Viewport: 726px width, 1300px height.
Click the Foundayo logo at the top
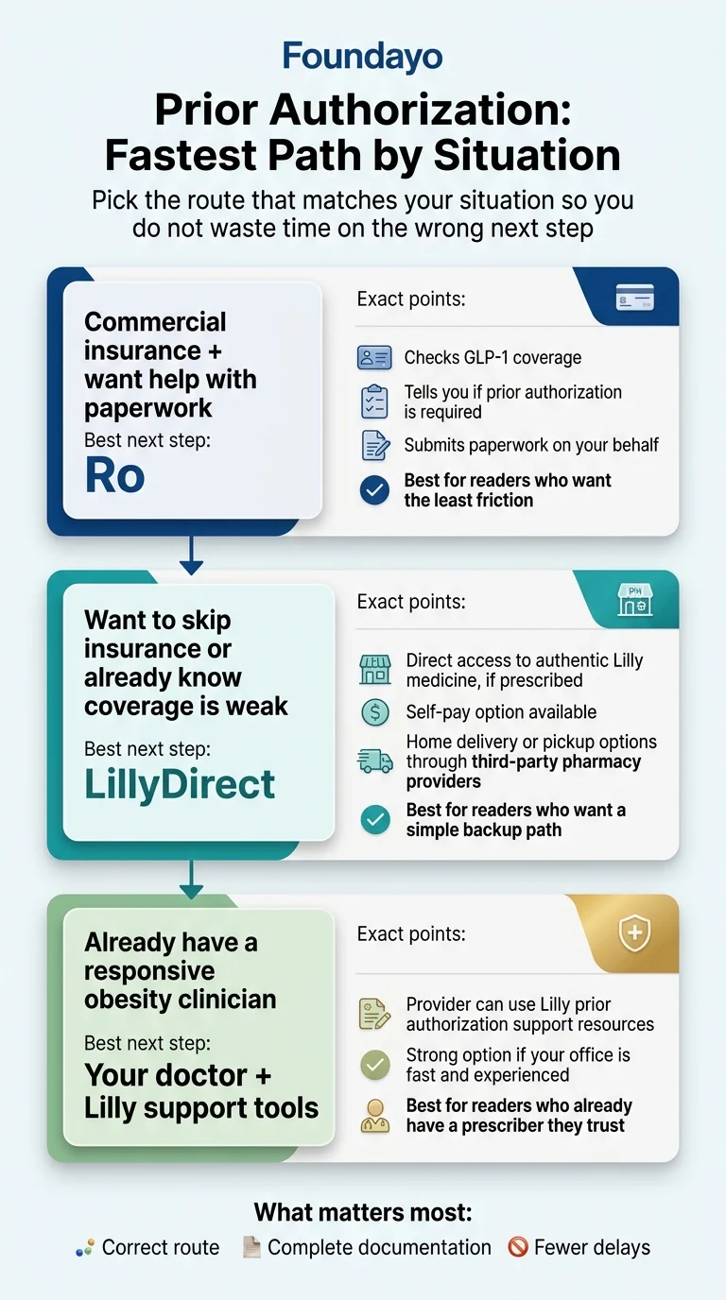click(363, 58)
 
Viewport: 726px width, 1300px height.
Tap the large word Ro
click(114, 475)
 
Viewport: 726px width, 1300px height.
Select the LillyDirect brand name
click(180, 784)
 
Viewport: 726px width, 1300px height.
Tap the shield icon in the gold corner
click(632, 934)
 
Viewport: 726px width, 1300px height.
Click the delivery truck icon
click(375, 761)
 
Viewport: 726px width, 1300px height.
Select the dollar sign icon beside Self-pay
click(375, 712)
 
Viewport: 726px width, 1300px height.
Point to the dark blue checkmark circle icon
click(375, 490)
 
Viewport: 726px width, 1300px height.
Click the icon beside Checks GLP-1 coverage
click(375, 358)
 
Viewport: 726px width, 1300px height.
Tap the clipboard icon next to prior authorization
click(375, 402)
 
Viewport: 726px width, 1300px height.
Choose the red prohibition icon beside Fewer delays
click(517, 1247)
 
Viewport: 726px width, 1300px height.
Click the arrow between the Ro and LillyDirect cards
click(191, 556)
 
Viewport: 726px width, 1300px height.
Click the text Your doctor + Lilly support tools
click(201, 1091)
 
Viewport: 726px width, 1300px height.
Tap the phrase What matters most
click(363, 1212)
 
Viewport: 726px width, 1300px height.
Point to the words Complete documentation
click(379, 1247)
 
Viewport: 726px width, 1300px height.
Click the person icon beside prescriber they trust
click(375, 1116)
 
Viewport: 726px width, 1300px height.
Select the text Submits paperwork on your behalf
click(531, 445)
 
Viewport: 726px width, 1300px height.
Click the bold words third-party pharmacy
click(547, 761)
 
